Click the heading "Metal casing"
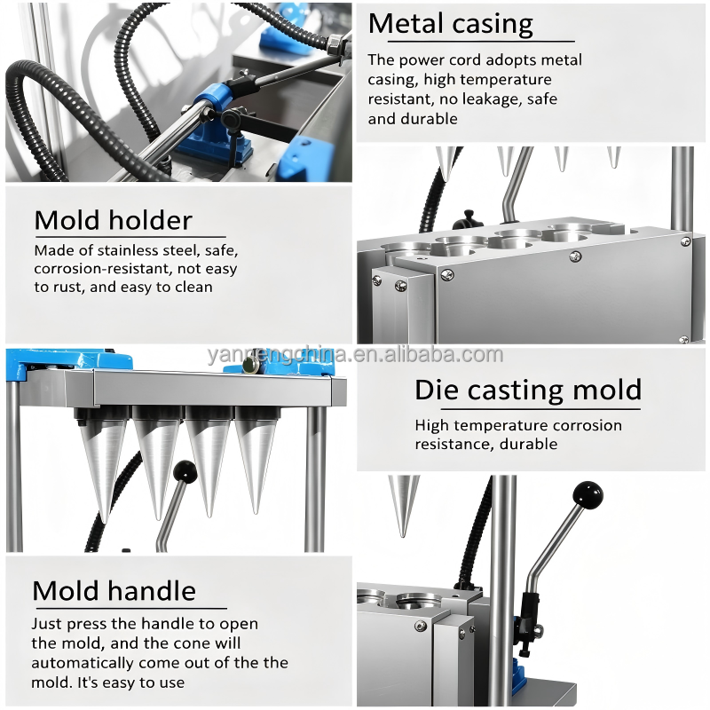(451, 24)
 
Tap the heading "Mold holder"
(114, 220)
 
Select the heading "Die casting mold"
(528, 390)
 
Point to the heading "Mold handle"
(114, 591)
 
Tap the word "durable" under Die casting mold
(528, 445)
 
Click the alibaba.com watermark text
(356, 355)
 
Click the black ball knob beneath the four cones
(185, 472)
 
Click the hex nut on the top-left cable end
(335, 43)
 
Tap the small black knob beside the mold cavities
(466, 219)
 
